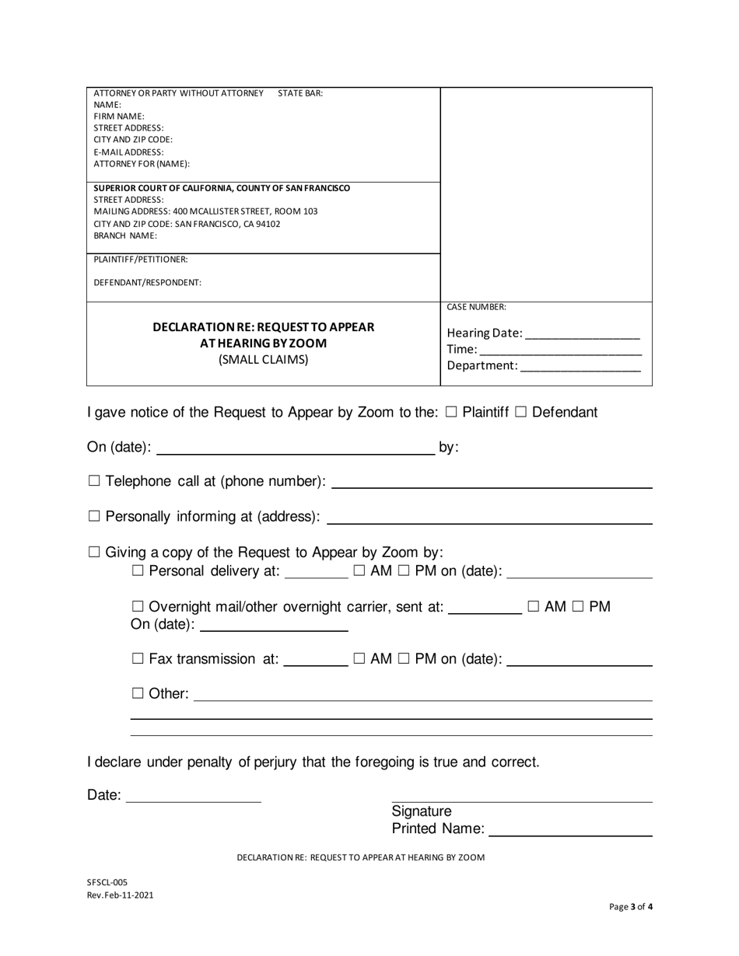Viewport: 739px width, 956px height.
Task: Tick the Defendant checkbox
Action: point(521,413)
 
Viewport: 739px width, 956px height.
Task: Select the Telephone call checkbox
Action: point(94,482)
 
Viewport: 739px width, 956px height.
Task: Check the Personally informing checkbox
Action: point(94,517)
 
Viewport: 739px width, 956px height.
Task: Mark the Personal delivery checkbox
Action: point(138,571)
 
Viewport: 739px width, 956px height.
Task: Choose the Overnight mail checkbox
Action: point(138,607)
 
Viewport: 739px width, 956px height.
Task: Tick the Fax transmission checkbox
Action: point(138,659)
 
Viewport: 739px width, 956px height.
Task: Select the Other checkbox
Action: point(138,693)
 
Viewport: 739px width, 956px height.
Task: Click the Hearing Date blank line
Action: point(583,334)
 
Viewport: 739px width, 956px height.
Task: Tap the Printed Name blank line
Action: point(570,829)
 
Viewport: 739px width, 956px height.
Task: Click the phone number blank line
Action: point(492,483)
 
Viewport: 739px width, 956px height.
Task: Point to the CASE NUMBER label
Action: point(476,307)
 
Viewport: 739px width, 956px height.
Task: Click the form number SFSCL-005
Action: point(107,882)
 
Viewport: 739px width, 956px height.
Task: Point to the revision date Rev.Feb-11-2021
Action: point(120,895)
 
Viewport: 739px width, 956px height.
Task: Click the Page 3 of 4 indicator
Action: point(631,906)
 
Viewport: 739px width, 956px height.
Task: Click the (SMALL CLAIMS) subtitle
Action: point(263,360)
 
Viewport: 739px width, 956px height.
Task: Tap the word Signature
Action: point(421,811)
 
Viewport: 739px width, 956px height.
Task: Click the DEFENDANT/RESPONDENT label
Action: point(148,283)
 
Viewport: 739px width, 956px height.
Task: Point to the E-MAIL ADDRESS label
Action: point(129,152)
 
